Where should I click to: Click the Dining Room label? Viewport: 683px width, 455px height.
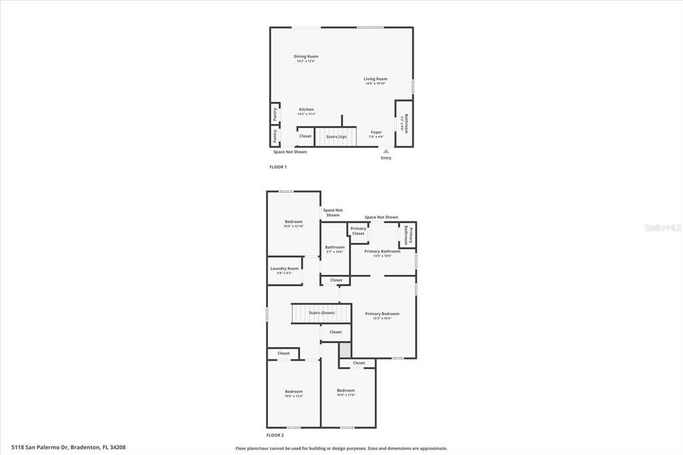tap(306, 57)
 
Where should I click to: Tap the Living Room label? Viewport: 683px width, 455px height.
tap(376, 79)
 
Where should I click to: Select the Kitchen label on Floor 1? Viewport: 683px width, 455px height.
tap(306, 109)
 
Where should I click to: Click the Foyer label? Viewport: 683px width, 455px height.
tap(376, 132)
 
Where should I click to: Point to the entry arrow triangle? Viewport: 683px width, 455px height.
tap(386, 151)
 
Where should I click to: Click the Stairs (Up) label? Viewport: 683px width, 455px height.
tap(336, 137)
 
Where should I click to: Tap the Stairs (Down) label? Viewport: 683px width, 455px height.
tap(321, 312)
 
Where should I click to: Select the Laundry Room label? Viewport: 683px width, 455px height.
tap(284, 269)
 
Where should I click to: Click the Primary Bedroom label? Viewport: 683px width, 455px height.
tap(382, 314)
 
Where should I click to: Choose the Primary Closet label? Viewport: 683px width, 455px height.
tap(358, 231)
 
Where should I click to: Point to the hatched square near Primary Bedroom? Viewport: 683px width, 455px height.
tap(345, 350)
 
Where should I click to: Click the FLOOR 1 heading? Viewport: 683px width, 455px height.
tap(278, 167)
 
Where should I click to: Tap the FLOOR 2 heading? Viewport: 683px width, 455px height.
tap(275, 435)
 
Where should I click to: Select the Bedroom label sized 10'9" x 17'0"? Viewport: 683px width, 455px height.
tap(346, 390)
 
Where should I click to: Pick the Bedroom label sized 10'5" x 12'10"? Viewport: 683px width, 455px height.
tap(293, 221)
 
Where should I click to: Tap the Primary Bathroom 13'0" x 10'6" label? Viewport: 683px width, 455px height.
tap(382, 252)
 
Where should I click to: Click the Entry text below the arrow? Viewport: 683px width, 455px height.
tap(386, 158)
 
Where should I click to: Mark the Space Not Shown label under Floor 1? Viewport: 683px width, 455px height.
tap(290, 152)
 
